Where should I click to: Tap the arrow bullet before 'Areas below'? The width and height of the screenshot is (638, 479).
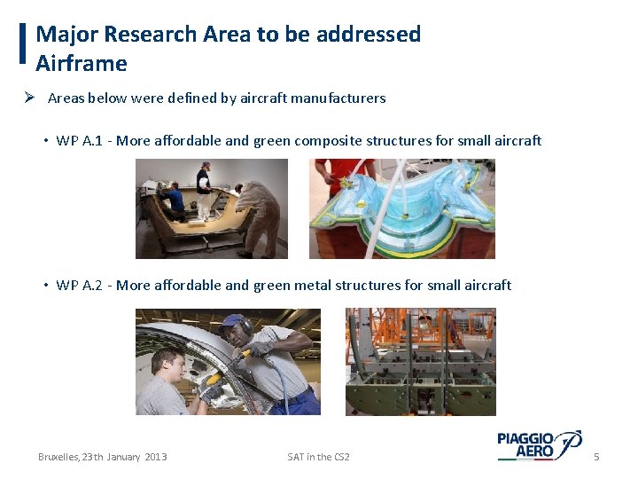[29, 98]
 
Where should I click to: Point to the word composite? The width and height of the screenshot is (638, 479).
[329, 141]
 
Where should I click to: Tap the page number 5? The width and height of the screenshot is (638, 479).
[596, 457]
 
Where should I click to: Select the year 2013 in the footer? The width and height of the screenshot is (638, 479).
[155, 457]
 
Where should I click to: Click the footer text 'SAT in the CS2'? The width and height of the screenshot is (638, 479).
[318, 457]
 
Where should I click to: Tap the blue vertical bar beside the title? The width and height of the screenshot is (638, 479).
[22, 43]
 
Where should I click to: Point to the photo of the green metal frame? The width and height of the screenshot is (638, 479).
[420, 362]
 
